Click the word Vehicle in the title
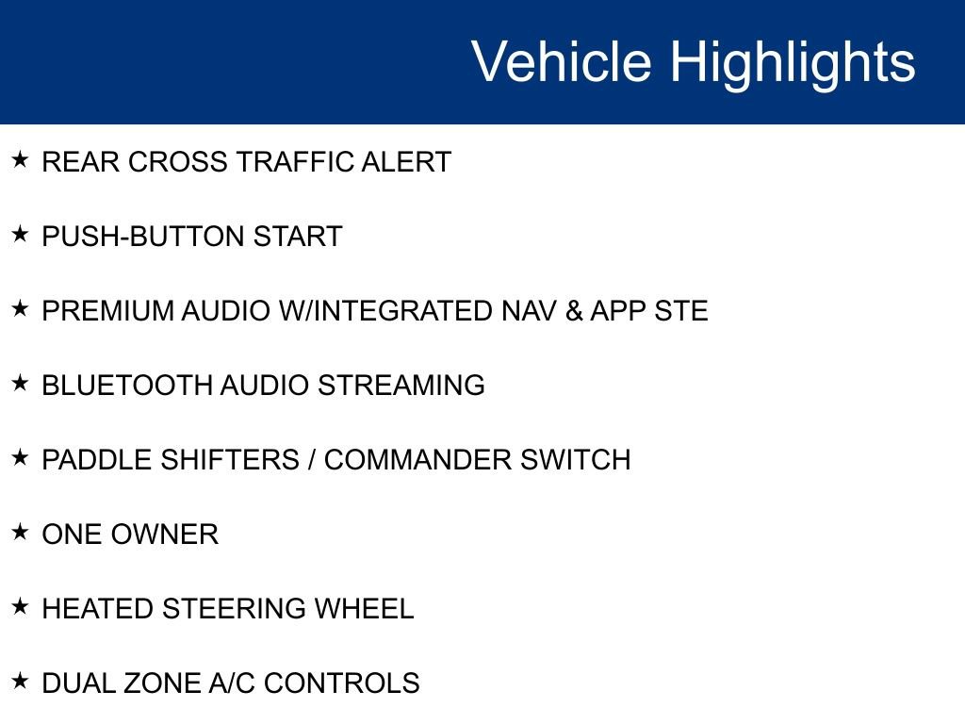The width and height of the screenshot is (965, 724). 561,62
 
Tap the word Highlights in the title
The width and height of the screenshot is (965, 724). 793,62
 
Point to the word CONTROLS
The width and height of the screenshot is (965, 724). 341,683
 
